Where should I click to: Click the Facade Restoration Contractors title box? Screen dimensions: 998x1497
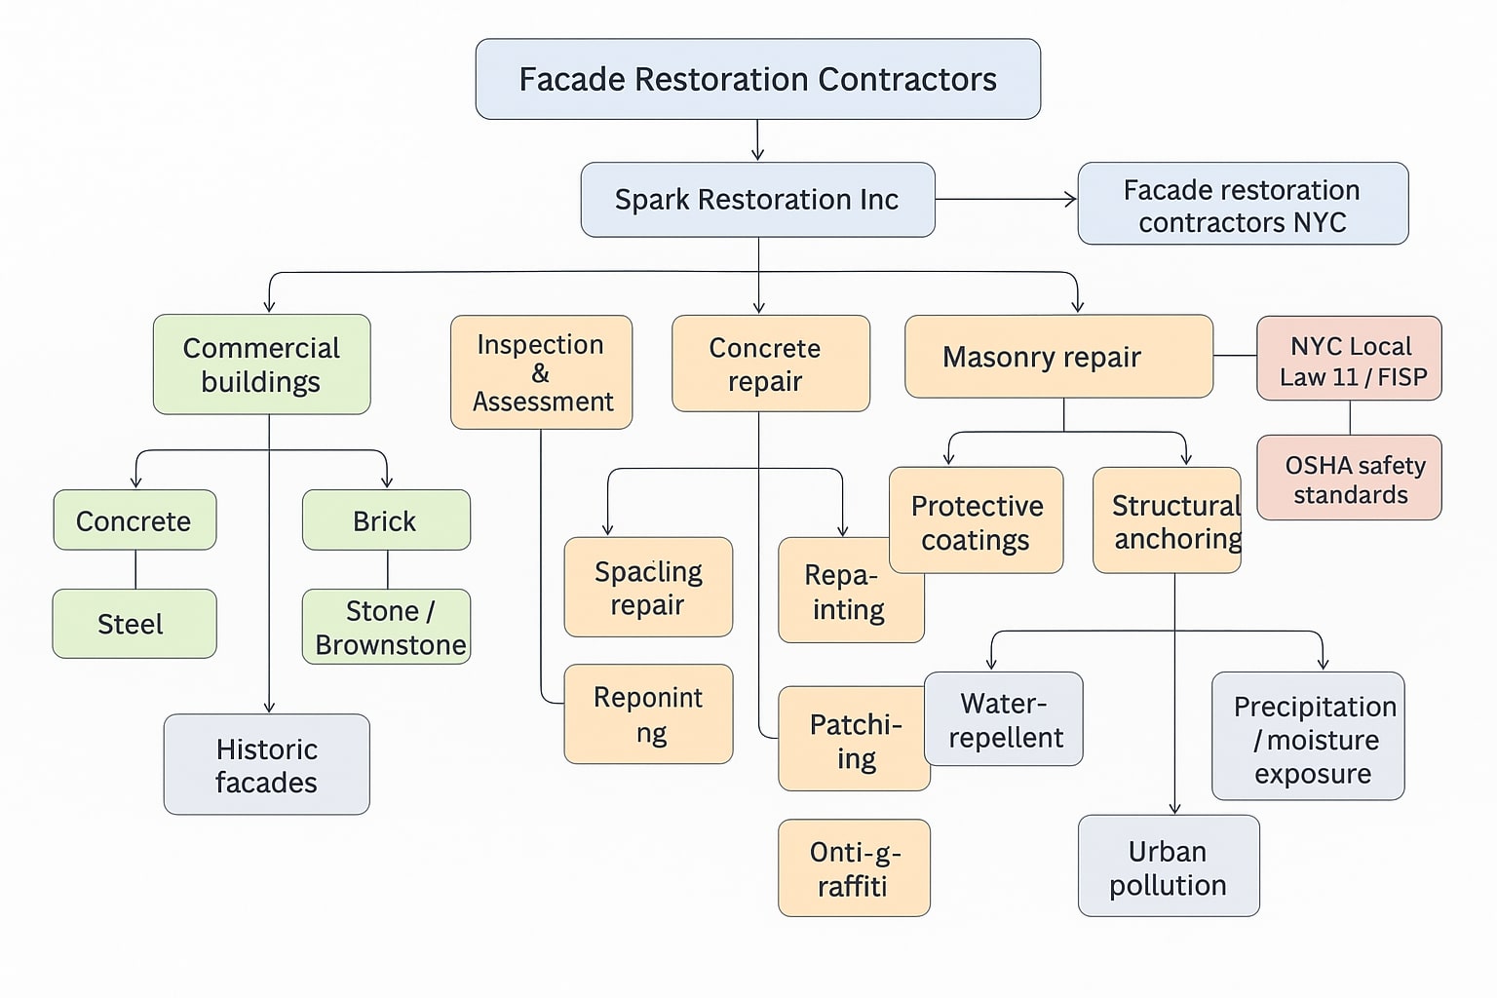click(x=757, y=79)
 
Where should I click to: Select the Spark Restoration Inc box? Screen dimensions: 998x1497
click(x=757, y=200)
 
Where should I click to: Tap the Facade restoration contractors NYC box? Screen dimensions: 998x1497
click(x=1242, y=204)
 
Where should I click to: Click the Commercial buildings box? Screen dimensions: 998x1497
click(x=261, y=365)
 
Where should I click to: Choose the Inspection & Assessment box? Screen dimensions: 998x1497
click(x=541, y=372)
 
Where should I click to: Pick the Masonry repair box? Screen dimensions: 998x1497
click(x=1058, y=357)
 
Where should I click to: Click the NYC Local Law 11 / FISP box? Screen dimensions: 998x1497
click(x=1349, y=359)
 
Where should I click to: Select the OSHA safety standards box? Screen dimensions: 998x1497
click(x=1349, y=478)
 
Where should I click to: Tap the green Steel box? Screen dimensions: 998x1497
click(x=134, y=624)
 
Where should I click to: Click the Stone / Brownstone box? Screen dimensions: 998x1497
click(x=386, y=627)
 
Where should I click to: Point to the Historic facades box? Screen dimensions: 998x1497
click(x=266, y=765)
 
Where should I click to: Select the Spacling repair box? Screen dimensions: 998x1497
click(x=648, y=588)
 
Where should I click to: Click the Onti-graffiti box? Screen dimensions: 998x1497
click(x=854, y=868)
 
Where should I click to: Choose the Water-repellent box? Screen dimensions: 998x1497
click(x=1004, y=719)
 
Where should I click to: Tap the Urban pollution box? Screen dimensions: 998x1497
click(x=1168, y=866)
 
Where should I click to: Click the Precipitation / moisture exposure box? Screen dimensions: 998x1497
click(x=1308, y=737)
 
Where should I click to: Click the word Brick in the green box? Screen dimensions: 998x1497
click(x=385, y=521)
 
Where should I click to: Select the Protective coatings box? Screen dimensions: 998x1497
click(x=976, y=519)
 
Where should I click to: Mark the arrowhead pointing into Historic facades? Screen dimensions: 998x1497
click(x=269, y=707)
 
